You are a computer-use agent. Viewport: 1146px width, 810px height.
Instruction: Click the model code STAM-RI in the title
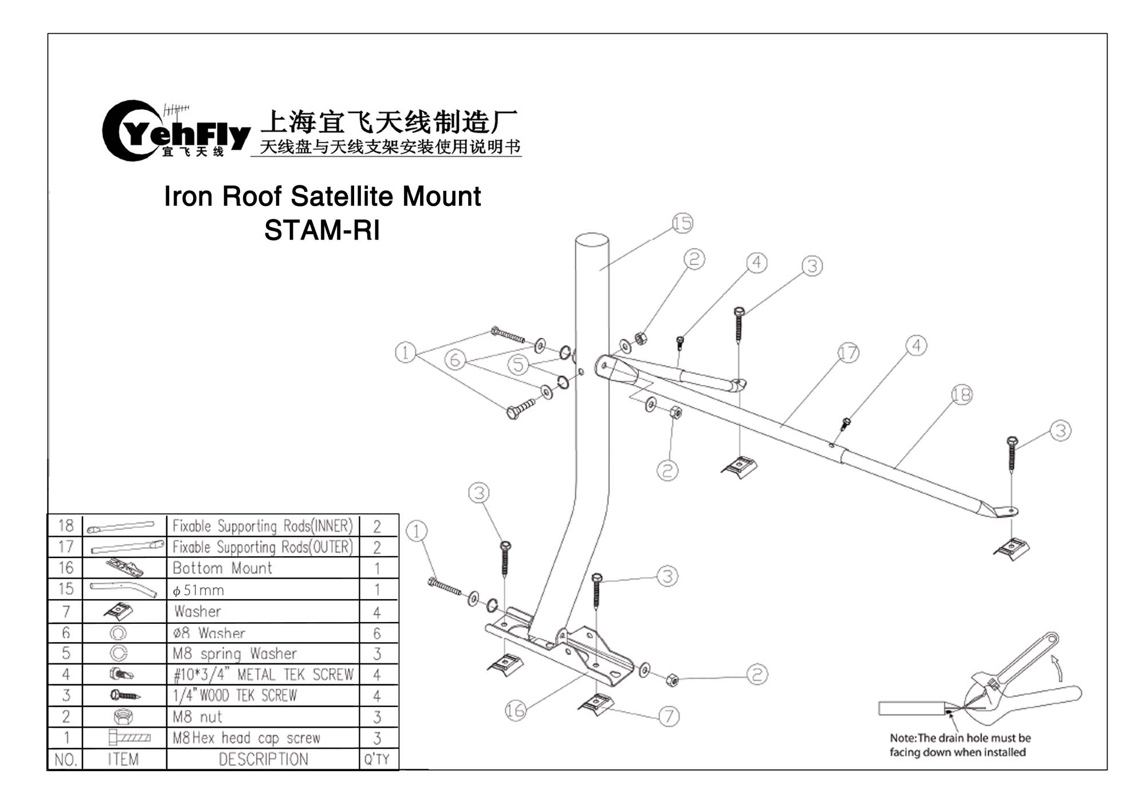(322, 230)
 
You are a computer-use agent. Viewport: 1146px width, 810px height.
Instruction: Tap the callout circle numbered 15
(682, 223)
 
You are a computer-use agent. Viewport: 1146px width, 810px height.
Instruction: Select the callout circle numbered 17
(848, 353)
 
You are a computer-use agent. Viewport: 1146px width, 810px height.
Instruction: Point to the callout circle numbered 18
(961, 395)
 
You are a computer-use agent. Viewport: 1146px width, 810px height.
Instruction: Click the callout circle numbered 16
(515, 711)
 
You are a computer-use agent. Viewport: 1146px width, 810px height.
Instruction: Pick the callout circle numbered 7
(669, 716)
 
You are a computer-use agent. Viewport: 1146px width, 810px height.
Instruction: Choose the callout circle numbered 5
(518, 364)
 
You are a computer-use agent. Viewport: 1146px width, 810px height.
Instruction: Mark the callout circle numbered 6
(455, 360)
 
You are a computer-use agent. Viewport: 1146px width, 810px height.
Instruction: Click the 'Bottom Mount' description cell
(222, 568)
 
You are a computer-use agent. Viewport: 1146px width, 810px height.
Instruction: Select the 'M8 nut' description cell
(198, 717)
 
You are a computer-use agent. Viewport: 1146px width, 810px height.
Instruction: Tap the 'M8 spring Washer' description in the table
(234, 654)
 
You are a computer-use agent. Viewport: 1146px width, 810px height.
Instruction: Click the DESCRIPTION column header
(263, 759)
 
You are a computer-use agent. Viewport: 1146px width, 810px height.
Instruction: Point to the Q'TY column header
(377, 759)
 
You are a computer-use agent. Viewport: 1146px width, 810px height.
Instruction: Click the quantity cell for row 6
(377, 633)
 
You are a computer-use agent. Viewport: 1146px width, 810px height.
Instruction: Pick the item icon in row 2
(124, 717)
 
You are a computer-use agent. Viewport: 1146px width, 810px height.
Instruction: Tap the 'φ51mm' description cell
(198, 590)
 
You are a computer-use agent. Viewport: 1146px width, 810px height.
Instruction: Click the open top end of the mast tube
(592, 238)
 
